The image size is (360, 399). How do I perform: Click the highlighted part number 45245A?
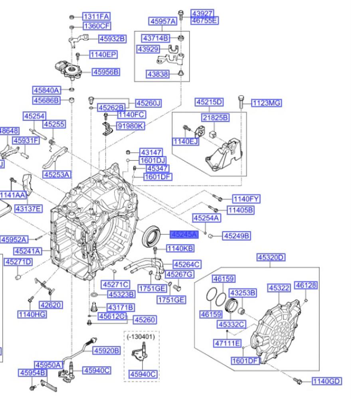(184, 235)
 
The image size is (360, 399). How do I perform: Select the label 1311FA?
(96, 16)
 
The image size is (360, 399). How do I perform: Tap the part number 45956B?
(106, 72)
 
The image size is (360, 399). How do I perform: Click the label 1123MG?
(267, 103)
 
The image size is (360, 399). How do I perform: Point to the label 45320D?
(271, 257)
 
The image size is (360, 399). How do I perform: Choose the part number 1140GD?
(326, 381)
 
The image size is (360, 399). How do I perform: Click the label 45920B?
(106, 351)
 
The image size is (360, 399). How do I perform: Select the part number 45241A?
(28, 251)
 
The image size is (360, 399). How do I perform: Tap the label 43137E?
(28, 208)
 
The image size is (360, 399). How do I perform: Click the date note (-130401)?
(140, 336)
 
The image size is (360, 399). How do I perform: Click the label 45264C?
(187, 265)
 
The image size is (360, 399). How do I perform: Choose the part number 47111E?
(227, 343)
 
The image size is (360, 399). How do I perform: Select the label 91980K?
(131, 126)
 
